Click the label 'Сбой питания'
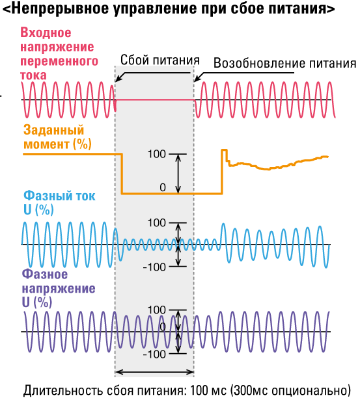pos(160,60)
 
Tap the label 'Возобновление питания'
pos(284,62)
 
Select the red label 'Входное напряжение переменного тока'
pos(59,54)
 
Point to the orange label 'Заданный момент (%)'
pos(57,137)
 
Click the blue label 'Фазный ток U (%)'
pos(59,203)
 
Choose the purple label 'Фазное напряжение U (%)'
pos(59,288)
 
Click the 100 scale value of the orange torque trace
pos(157,154)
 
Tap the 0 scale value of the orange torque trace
pos(163,187)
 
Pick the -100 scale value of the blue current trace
pos(154,267)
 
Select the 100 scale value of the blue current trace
pos(157,223)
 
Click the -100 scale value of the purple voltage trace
pos(154,354)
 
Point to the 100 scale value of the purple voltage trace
pos(157,310)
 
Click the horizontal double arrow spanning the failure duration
pos(154,372)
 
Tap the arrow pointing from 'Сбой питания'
pos(153,73)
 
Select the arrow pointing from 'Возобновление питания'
pos(244,73)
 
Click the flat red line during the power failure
pos(155,100)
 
